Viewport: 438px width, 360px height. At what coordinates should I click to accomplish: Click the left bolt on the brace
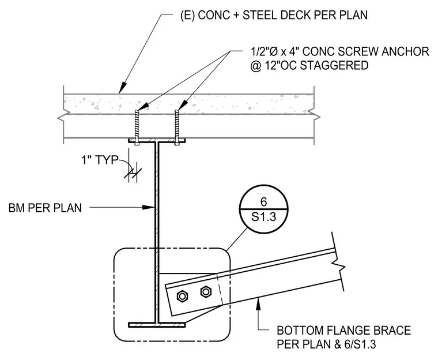tap(182, 296)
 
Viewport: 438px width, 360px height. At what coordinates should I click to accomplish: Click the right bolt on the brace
tap(206, 292)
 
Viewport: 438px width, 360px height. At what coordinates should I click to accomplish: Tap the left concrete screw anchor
tap(136, 127)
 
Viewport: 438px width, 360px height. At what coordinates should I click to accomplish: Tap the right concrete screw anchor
tap(177, 127)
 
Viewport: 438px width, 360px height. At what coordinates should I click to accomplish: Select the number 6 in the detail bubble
tap(264, 202)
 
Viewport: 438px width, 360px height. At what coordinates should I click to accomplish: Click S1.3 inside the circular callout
tap(264, 216)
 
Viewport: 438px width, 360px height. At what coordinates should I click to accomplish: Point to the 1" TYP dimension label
tap(100, 160)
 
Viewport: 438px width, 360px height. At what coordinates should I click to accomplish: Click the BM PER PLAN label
tap(46, 208)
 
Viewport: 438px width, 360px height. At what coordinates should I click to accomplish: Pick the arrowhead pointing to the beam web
tap(148, 207)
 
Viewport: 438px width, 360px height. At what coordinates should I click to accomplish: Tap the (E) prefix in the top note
tap(188, 15)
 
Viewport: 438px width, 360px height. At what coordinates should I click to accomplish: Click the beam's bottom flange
tap(157, 325)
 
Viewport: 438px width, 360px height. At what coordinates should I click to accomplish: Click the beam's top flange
tap(157, 140)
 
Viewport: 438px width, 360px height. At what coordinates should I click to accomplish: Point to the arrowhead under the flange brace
tap(259, 303)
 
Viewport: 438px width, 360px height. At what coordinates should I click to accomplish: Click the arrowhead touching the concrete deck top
tap(122, 87)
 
